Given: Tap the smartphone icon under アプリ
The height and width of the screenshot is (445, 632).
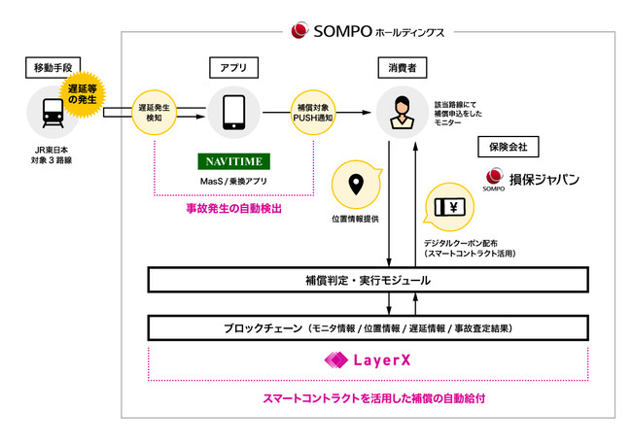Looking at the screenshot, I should coord(232,113).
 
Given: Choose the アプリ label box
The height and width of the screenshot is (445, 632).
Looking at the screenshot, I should coord(232,68).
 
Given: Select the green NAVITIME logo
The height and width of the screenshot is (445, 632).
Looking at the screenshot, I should coord(232,160).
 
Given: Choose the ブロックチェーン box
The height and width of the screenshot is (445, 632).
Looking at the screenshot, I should coord(369,328).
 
